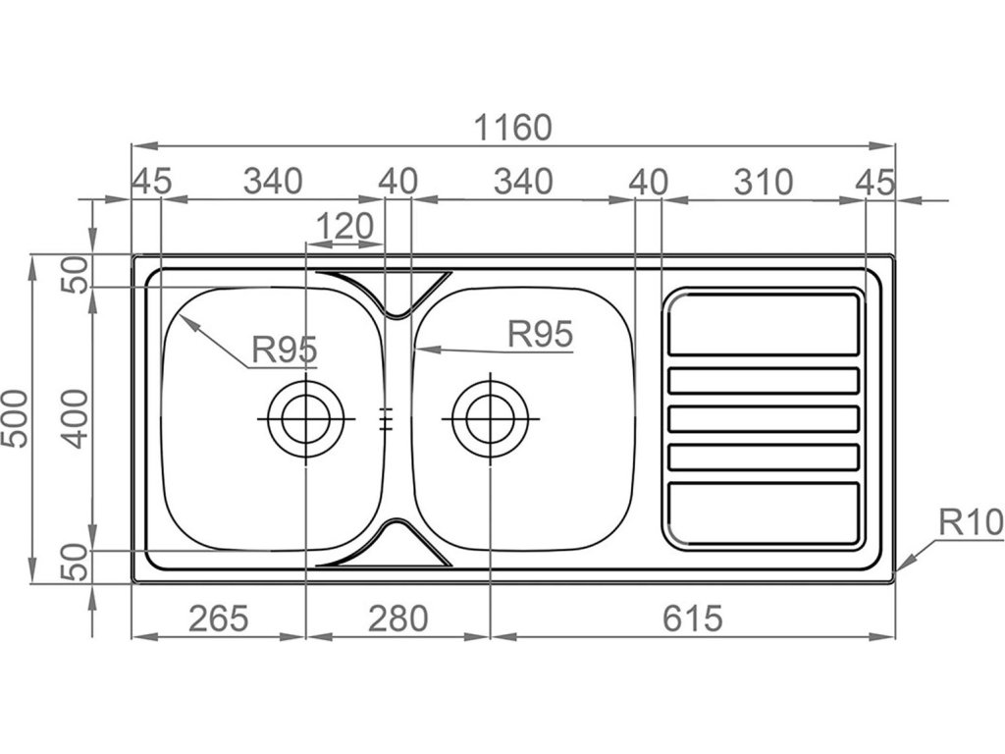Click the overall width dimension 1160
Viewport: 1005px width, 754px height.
(x=513, y=128)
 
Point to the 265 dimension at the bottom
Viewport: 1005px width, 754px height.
(x=217, y=619)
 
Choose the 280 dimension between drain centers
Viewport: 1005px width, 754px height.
(x=397, y=619)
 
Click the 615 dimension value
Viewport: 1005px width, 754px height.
(x=692, y=619)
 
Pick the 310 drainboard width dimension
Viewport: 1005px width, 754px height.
(x=763, y=182)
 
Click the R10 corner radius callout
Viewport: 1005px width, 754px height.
(x=971, y=522)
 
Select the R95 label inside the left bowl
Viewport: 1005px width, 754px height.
(x=284, y=349)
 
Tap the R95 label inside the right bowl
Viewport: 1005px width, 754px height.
(x=540, y=334)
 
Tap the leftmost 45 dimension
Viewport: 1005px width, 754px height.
(x=151, y=182)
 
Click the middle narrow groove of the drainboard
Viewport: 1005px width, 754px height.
(x=764, y=419)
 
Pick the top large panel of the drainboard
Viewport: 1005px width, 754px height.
(x=764, y=323)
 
